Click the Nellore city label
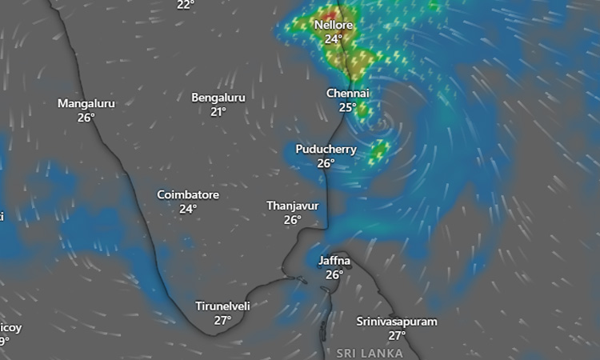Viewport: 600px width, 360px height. coord(334,24)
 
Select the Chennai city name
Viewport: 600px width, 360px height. coord(347,94)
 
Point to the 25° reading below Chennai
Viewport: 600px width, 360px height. coord(347,108)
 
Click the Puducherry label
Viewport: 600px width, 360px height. coord(326,149)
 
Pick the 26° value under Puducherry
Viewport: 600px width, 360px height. coord(326,163)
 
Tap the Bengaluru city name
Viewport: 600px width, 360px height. coord(218,98)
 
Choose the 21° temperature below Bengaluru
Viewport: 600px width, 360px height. coord(218,112)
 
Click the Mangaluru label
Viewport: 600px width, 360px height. coord(86,103)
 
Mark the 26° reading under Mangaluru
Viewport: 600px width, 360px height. coord(86,118)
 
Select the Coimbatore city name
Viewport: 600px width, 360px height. coord(188,194)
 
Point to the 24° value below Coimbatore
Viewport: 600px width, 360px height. coord(188,209)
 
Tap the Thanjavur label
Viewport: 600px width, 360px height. coord(293,206)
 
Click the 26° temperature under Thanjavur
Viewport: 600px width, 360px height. coord(293,220)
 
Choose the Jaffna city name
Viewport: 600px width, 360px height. coord(334,261)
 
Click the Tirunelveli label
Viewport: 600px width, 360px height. coord(223,306)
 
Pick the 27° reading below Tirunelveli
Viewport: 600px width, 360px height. coord(223,320)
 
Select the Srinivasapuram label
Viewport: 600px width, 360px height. coord(397,322)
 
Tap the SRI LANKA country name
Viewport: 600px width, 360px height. coord(370,353)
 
